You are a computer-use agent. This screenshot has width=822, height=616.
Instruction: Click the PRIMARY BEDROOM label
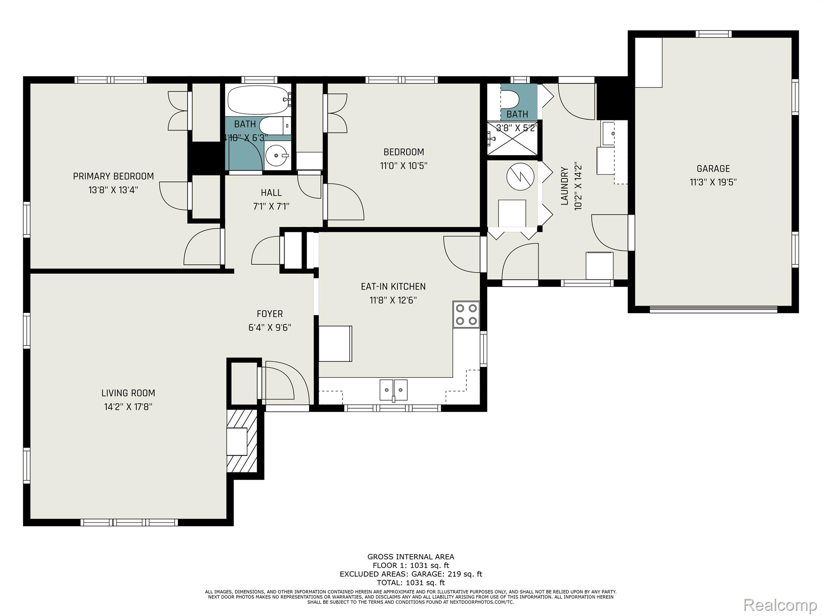click(113, 176)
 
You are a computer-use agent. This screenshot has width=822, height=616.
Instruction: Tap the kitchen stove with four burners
click(466, 314)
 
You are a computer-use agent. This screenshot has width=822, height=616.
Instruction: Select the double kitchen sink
click(394, 390)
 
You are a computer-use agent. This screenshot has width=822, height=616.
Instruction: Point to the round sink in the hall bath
click(277, 155)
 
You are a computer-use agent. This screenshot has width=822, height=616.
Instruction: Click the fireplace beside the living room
click(242, 441)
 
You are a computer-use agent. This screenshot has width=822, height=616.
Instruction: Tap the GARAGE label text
click(713, 168)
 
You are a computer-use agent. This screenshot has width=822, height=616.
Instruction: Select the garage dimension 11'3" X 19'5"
click(713, 182)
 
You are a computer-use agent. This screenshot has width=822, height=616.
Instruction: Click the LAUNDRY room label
click(565, 186)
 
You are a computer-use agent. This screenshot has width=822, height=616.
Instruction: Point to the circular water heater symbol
click(521, 177)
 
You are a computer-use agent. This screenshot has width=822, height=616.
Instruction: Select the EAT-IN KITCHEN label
click(393, 286)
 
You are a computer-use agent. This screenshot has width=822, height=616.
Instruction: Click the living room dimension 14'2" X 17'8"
click(128, 407)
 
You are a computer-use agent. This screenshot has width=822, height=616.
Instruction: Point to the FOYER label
click(270, 314)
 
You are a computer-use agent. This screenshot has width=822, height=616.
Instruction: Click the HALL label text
click(271, 192)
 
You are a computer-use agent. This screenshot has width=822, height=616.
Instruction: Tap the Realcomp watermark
click(780, 604)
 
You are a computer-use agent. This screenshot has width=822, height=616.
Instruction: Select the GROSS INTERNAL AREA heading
click(411, 557)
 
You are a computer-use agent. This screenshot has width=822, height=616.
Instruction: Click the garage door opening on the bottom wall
click(713, 309)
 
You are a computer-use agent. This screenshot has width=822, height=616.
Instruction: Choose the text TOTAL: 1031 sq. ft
click(411, 583)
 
